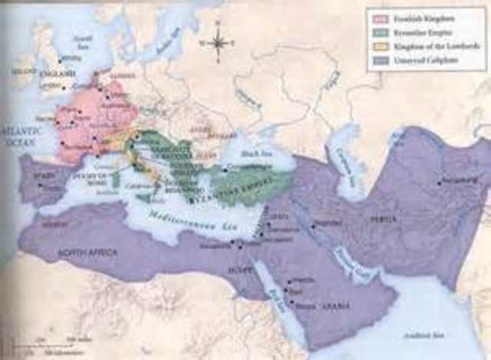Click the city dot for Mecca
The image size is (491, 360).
(x=290, y=302)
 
